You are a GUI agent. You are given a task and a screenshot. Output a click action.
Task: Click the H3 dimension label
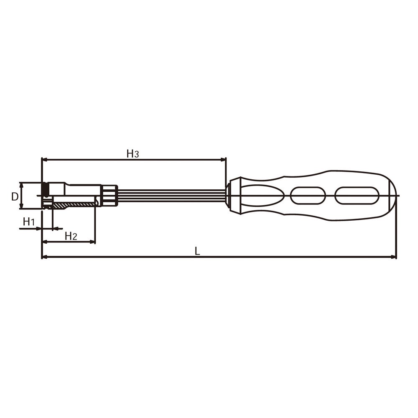(x=133, y=154)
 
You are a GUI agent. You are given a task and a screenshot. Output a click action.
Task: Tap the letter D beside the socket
(x=15, y=197)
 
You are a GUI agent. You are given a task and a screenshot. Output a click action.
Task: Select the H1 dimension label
(x=29, y=222)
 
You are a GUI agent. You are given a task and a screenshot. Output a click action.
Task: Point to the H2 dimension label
(x=71, y=236)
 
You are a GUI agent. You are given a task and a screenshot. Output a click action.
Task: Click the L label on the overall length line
(x=197, y=251)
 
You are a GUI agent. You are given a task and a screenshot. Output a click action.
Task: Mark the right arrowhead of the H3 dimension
(x=223, y=160)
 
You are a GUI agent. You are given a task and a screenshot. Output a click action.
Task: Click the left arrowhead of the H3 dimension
(x=45, y=160)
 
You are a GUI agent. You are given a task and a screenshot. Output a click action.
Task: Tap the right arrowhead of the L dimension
(x=393, y=257)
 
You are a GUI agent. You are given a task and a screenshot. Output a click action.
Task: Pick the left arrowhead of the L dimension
(x=45, y=257)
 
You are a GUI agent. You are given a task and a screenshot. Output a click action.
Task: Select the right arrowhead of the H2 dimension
(x=92, y=242)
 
